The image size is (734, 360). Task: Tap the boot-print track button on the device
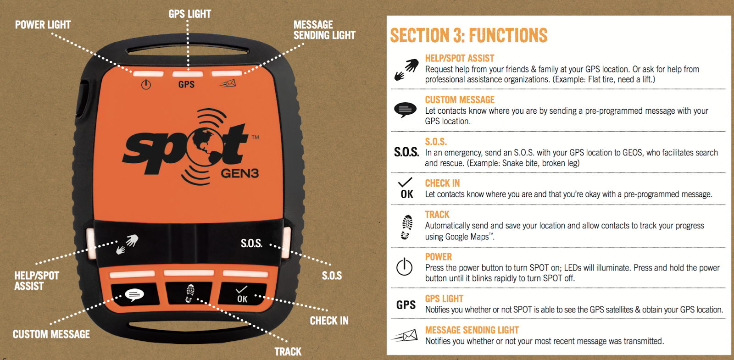(x=189, y=294)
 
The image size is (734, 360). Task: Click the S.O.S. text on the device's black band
(x=252, y=243)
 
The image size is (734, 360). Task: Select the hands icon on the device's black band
(x=128, y=244)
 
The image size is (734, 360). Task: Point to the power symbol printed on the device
(x=146, y=85)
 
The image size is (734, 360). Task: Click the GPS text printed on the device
(x=186, y=84)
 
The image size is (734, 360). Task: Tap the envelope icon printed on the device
(x=227, y=84)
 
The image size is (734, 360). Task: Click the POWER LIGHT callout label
(x=43, y=25)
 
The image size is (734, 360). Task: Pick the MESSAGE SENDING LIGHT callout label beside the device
(x=324, y=30)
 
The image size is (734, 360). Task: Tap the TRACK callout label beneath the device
(x=288, y=351)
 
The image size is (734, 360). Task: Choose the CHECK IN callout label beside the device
(x=329, y=321)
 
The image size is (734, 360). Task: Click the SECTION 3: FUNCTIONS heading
(x=468, y=35)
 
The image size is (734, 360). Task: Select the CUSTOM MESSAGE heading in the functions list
(x=460, y=100)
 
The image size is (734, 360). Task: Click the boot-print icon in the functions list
(x=406, y=227)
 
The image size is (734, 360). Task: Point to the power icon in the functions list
(x=404, y=266)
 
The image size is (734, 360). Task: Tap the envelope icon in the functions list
(x=405, y=335)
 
